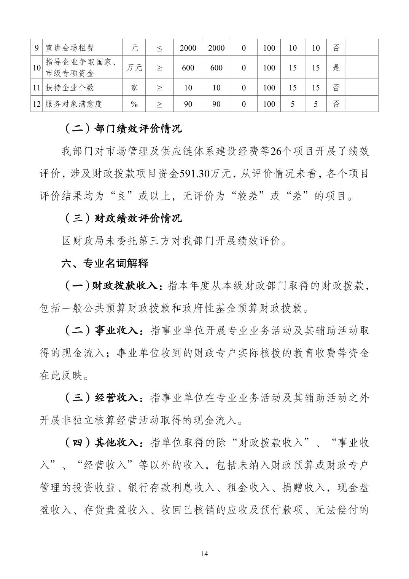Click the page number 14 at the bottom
[x=205, y=553]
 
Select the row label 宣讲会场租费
[x=69, y=48]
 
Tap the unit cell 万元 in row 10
[x=134, y=68]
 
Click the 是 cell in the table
[x=336, y=68]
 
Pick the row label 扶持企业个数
[x=69, y=88]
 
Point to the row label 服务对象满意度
[x=73, y=104]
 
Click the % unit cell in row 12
[x=134, y=104]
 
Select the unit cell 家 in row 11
[x=134, y=88]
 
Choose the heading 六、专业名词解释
[x=105, y=263]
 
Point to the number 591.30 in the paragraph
[x=194, y=173]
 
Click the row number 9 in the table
[x=37, y=48]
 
